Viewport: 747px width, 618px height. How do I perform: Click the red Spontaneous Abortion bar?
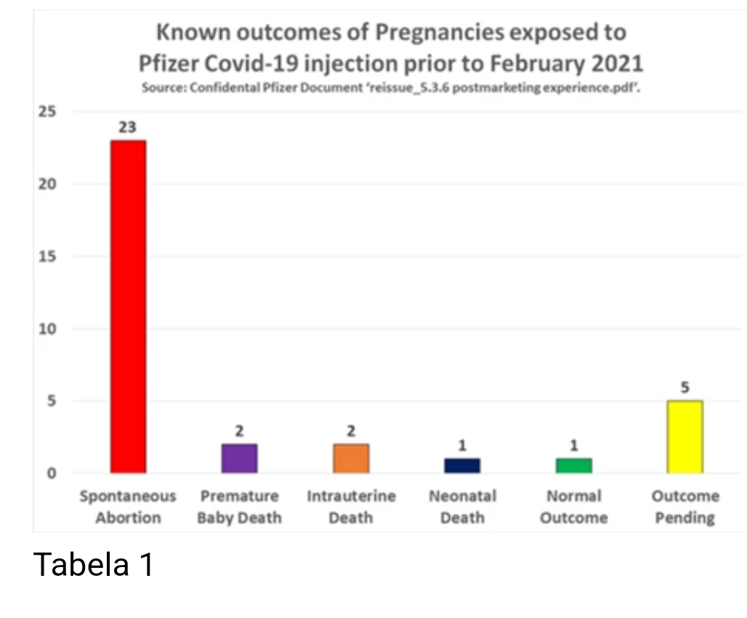pyautogui.click(x=128, y=306)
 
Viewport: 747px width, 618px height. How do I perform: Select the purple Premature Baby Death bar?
pyautogui.click(x=239, y=458)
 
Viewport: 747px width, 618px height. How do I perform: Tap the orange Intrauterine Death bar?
pyautogui.click(x=351, y=458)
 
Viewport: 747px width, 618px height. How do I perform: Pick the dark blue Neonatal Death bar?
pyautogui.click(x=462, y=465)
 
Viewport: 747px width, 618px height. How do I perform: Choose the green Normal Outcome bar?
pyautogui.click(x=574, y=465)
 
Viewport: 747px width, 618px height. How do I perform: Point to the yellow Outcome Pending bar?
pyautogui.click(x=685, y=436)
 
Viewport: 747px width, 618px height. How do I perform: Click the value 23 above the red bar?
pyautogui.click(x=128, y=127)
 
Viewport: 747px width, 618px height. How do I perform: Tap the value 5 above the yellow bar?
pyautogui.click(x=685, y=388)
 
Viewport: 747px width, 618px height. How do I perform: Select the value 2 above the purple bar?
pyautogui.click(x=239, y=431)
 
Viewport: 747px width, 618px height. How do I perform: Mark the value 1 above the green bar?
pyautogui.click(x=574, y=446)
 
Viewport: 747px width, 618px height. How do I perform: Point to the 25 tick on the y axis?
pyautogui.click(x=48, y=112)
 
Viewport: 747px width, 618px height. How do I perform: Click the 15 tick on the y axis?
pyautogui.click(x=48, y=257)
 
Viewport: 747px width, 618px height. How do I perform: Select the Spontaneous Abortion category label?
pyautogui.click(x=128, y=507)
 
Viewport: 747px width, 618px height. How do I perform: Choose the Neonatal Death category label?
pyautogui.click(x=462, y=507)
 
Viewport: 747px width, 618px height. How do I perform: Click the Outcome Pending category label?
pyautogui.click(x=685, y=507)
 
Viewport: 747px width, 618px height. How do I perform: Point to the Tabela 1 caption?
pyautogui.click(x=94, y=564)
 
